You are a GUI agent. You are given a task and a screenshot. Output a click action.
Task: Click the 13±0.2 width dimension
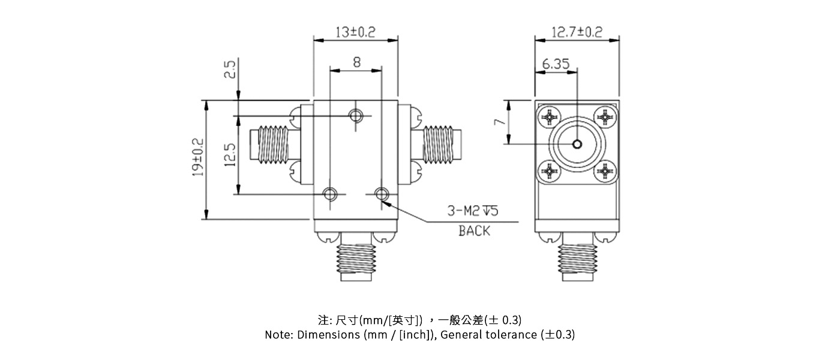[355, 32]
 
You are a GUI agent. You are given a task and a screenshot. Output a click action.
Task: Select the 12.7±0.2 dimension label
[577, 32]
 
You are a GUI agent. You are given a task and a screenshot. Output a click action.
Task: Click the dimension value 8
[356, 62]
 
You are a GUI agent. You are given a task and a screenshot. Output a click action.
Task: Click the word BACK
[474, 231]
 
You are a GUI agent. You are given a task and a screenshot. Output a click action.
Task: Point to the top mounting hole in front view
[357, 116]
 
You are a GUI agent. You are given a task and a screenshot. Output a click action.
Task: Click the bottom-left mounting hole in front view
[330, 194]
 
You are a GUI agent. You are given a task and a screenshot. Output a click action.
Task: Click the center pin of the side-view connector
[577, 144]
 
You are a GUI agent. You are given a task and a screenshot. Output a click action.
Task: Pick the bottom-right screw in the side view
[605, 172]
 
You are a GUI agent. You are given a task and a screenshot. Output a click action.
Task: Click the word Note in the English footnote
[278, 335]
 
